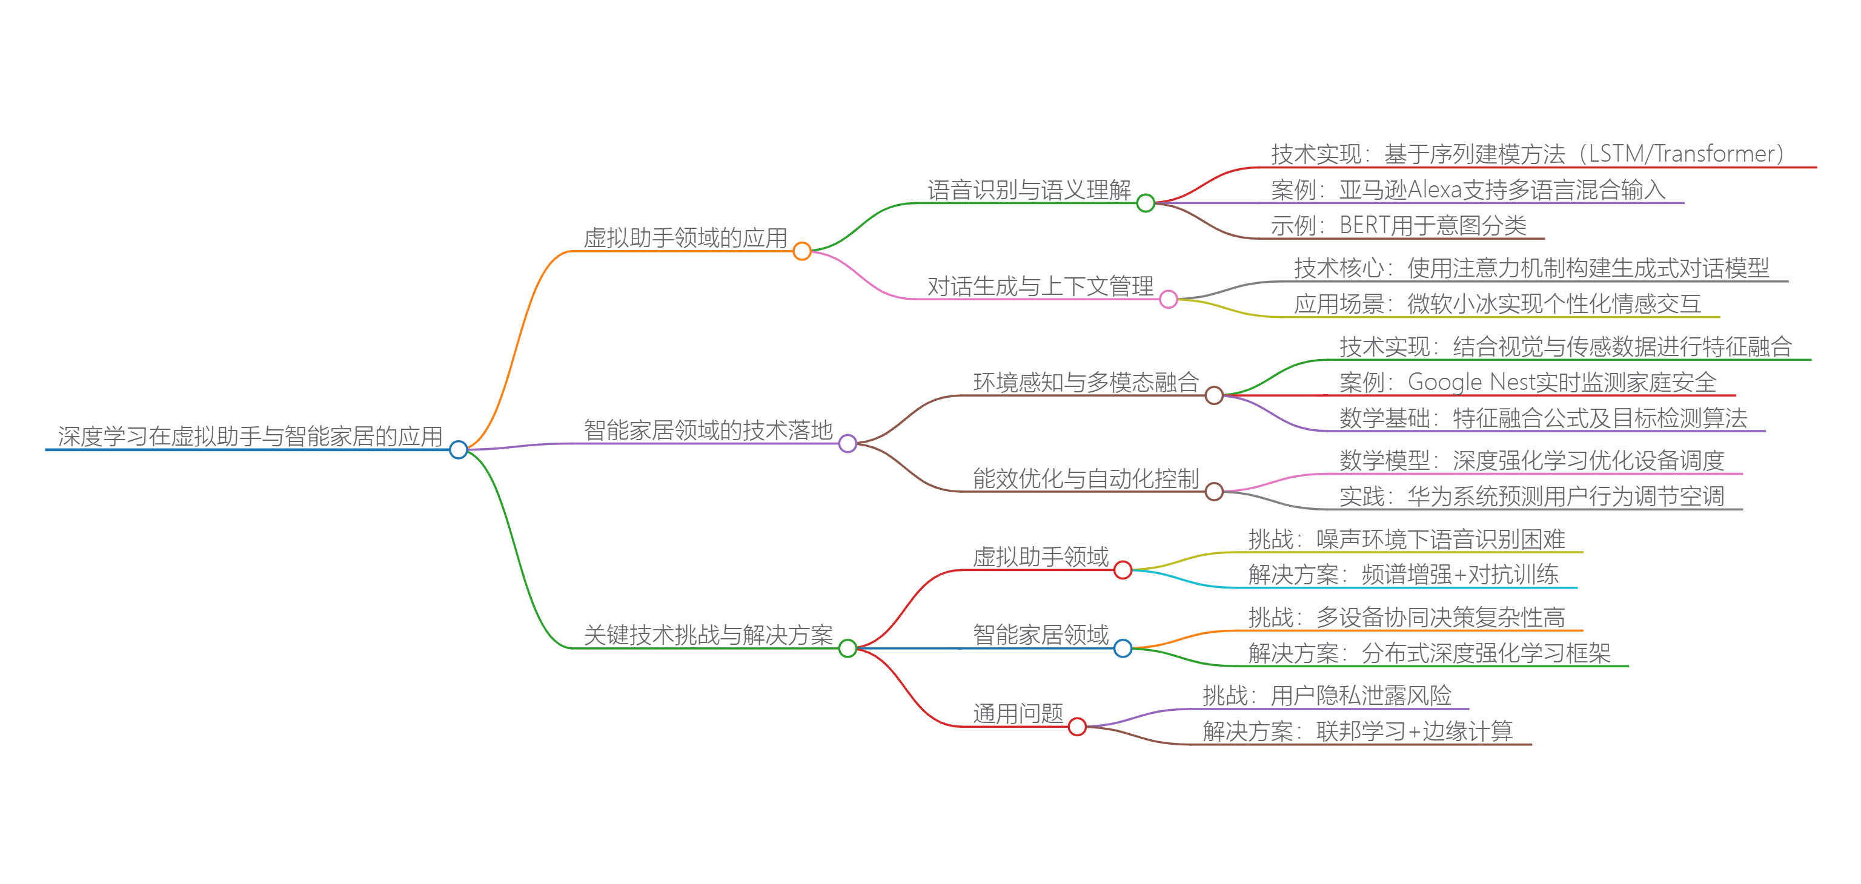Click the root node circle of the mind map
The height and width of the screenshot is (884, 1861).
pos(458,450)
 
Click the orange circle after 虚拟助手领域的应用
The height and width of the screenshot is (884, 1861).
pos(802,251)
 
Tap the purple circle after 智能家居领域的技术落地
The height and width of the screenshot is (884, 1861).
pos(848,443)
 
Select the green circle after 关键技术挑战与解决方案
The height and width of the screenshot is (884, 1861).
pos(848,648)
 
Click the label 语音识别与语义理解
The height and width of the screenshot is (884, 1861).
pos(1029,190)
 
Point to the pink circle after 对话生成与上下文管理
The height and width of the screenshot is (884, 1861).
pos(1168,299)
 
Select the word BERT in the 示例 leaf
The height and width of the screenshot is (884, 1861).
pos(1364,225)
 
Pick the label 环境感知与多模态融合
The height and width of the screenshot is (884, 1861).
pos(1086,382)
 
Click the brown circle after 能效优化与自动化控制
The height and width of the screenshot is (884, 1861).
pos(1213,492)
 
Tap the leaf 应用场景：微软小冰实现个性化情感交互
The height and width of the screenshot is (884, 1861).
pos(1497,304)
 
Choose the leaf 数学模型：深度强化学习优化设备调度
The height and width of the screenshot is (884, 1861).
pos(1531,460)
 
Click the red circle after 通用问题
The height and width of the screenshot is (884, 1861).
pos(1077,727)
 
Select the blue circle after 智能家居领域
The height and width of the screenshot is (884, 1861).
pos(1123,648)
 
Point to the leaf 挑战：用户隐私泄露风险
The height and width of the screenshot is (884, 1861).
pos(1327,696)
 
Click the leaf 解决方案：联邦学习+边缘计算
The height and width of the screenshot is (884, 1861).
pos(1357,731)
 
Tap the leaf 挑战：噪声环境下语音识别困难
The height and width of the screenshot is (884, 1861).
pos(1406,539)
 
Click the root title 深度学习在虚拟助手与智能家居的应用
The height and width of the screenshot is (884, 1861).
pos(250,436)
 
